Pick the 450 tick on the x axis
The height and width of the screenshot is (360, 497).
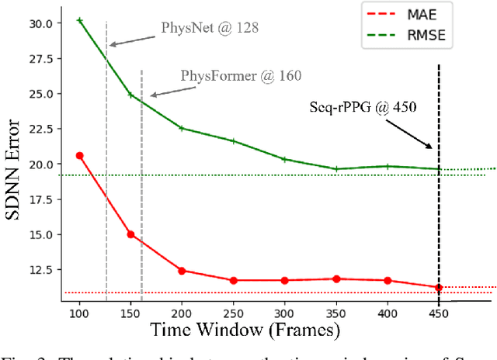click(439, 311)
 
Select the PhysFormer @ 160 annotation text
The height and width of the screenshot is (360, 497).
click(241, 76)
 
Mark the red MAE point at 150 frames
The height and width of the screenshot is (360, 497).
click(130, 234)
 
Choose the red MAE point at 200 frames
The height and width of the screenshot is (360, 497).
click(182, 271)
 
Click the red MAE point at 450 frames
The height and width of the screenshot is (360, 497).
click(439, 287)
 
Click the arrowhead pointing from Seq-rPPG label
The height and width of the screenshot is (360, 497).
click(430, 146)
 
